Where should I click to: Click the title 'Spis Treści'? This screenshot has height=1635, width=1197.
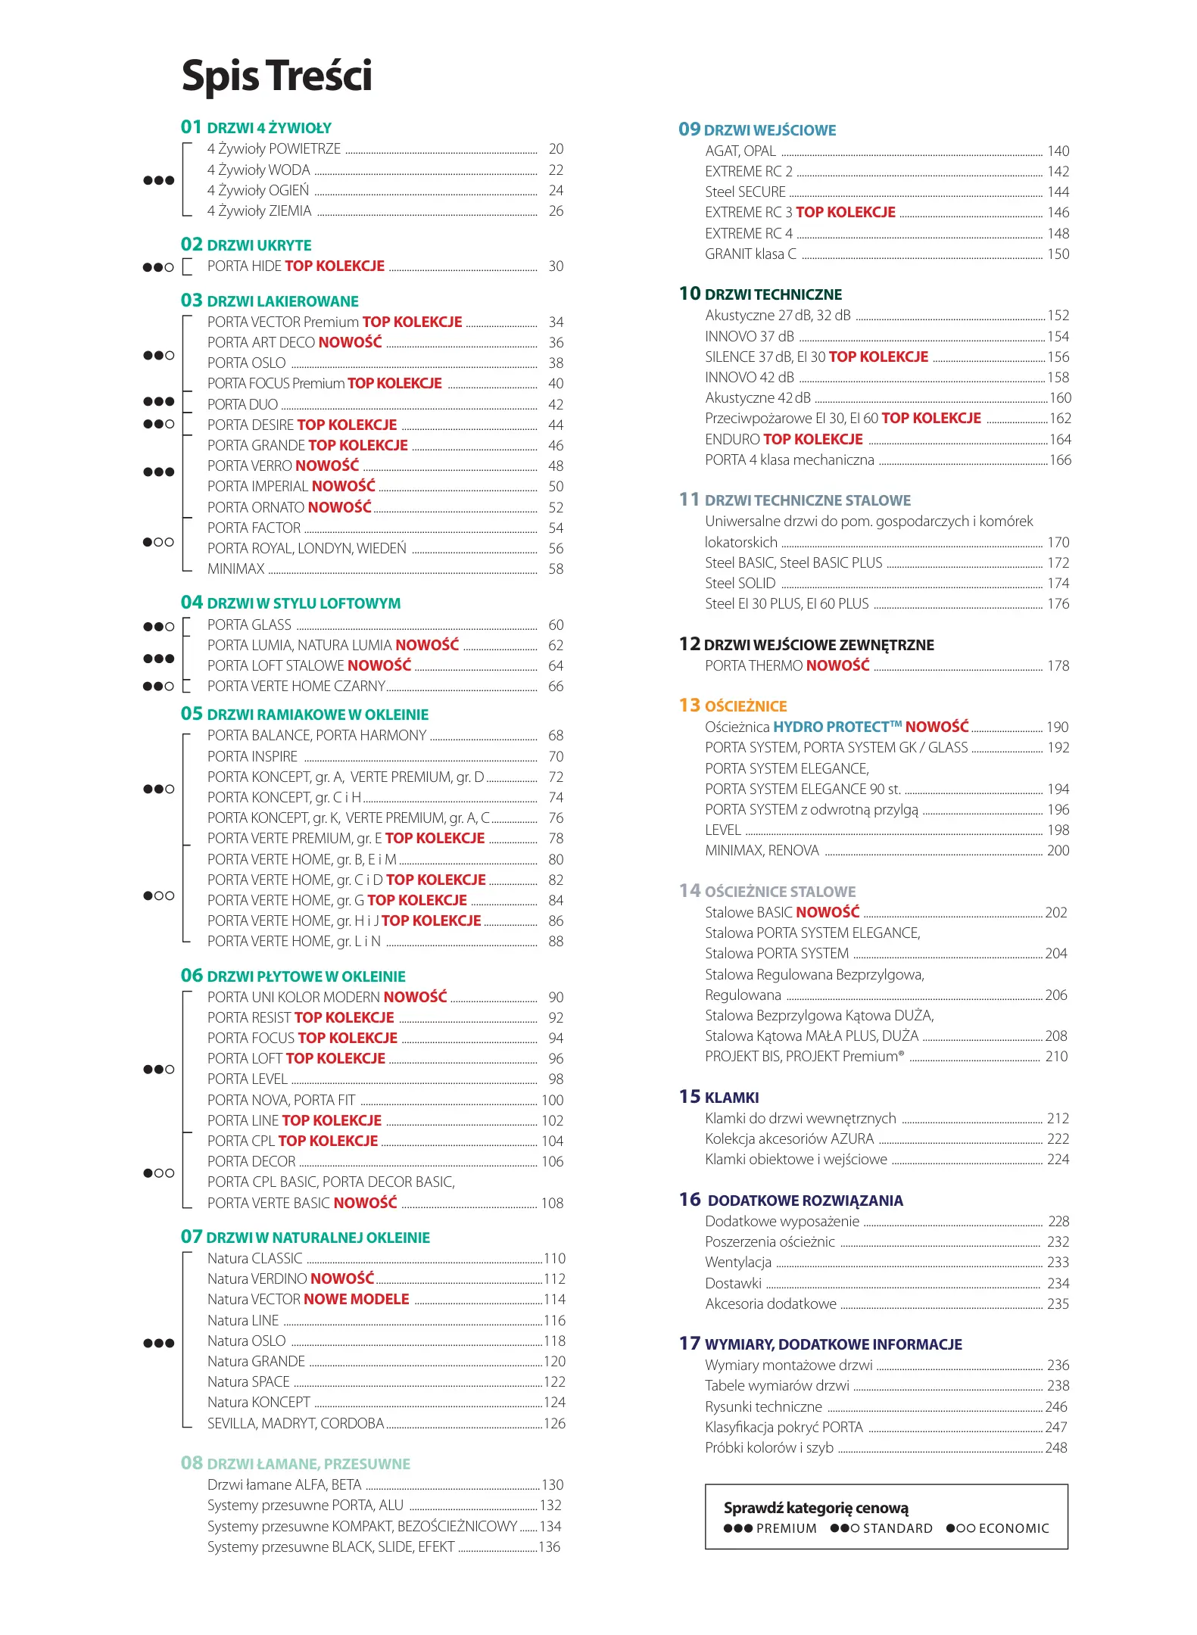[x=276, y=76]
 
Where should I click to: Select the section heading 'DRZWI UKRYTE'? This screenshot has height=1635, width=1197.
[x=259, y=245]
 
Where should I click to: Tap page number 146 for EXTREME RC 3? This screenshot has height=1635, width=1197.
[x=1058, y=213]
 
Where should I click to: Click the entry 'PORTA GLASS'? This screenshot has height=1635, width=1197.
[x=249, y=624]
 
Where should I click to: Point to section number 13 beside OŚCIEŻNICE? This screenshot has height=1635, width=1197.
[x=689, y=705]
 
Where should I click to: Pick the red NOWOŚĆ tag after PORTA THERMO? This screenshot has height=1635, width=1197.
[x=837, y=665]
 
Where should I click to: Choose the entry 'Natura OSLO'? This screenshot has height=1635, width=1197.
[x=246, y=1341]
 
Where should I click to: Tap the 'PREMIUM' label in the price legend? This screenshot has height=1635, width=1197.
[x=786, y=1528]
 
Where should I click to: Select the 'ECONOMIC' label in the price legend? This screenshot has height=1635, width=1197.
[x=1014, y=1528]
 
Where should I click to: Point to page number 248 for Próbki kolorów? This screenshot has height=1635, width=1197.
[x=1056, y=1447]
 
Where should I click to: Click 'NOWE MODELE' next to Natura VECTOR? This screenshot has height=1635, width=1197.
[x=356, y=1299]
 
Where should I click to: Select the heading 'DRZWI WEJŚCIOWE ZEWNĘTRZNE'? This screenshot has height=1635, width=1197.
[x=818, y=645]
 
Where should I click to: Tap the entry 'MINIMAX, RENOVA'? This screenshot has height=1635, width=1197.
[x=762, y=850]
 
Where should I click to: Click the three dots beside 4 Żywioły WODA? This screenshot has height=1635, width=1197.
[x=159, y=180]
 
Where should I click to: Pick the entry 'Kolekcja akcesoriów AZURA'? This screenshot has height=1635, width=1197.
[x=789, y=1138]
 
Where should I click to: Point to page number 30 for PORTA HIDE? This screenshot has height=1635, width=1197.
[x=556, y=266]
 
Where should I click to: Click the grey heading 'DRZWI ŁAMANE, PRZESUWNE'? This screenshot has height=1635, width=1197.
[x=308, y=1464]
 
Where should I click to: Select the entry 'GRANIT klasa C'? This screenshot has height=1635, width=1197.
[x=750, y=254]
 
